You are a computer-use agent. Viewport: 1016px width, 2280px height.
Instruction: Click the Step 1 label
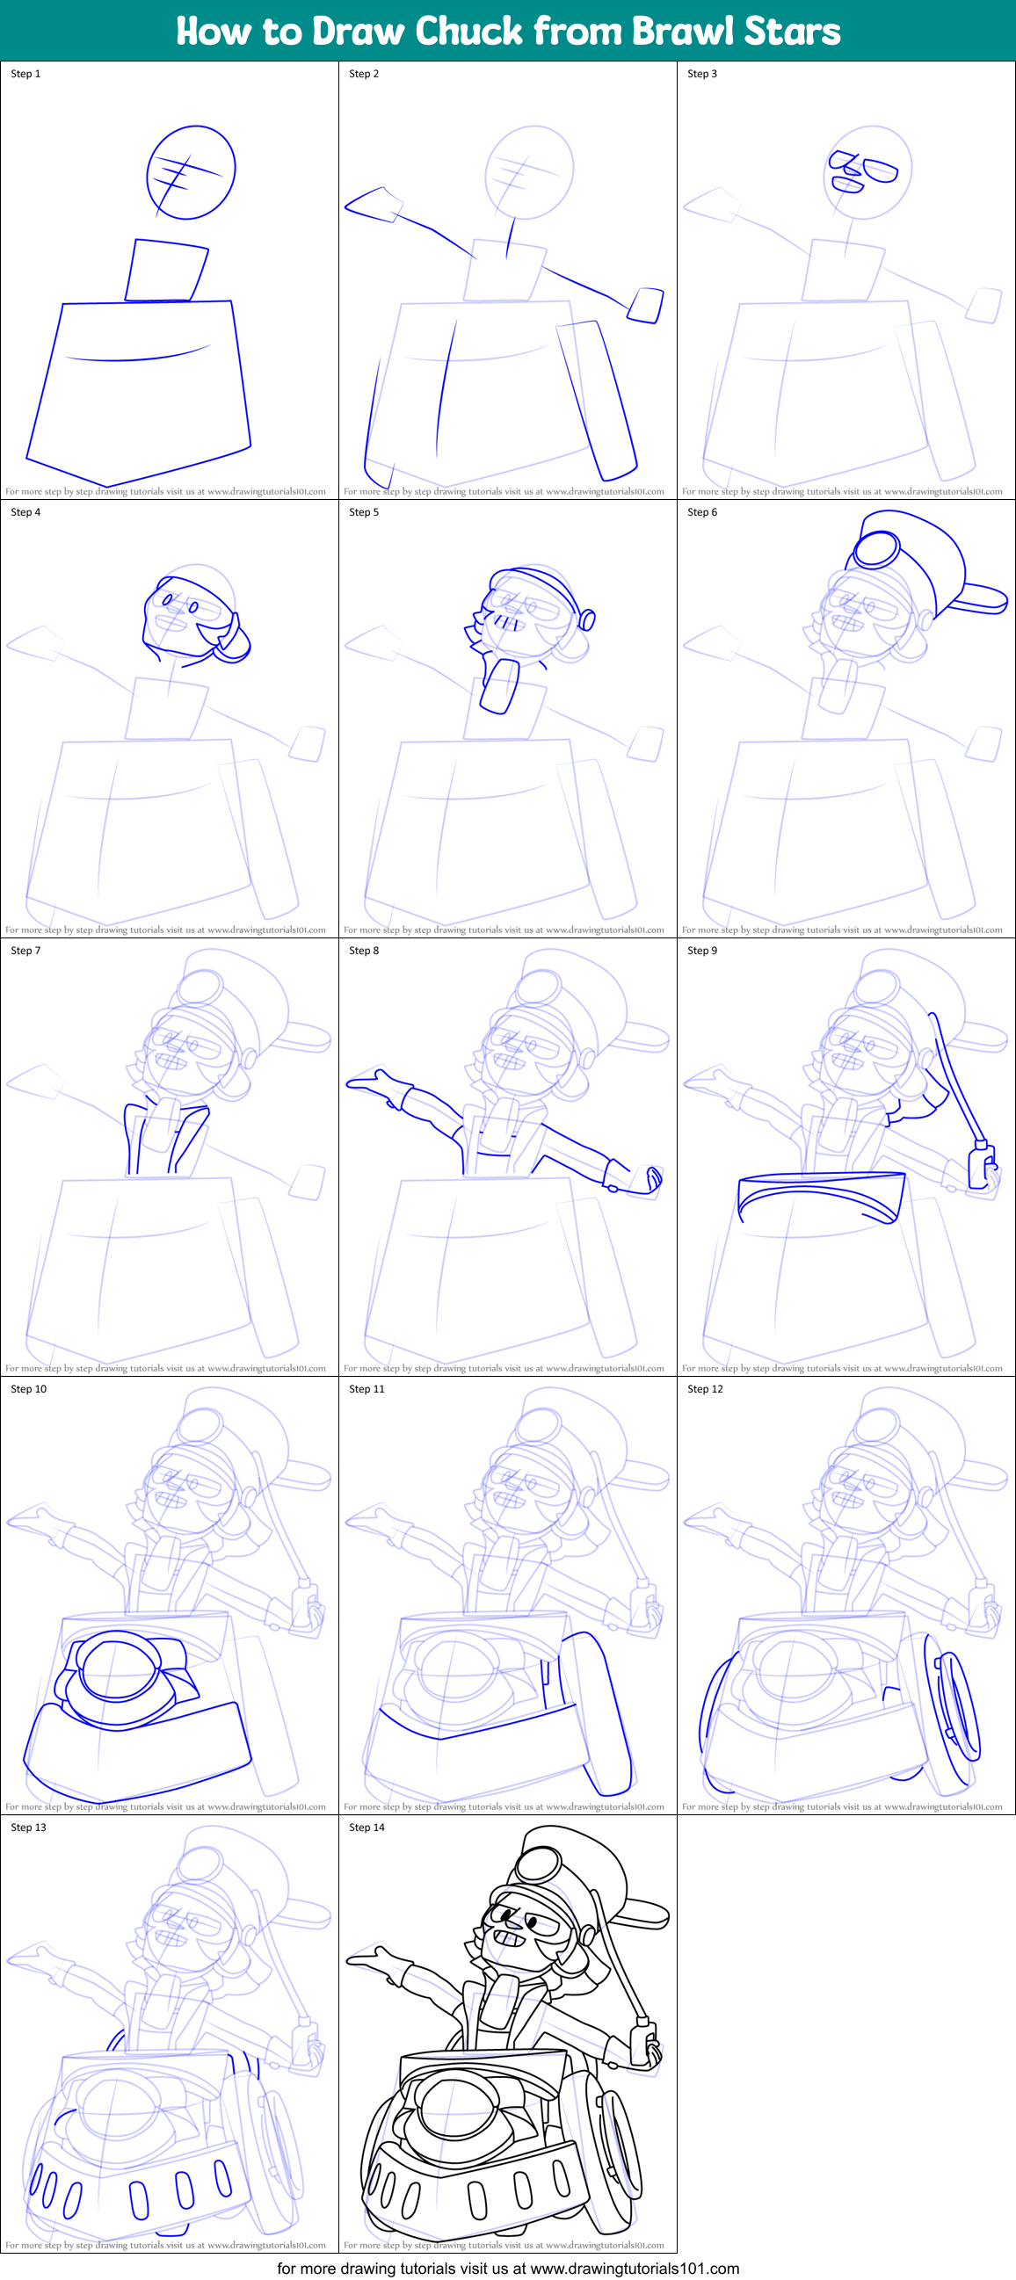25,74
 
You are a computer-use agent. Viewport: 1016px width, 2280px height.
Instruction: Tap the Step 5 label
364,511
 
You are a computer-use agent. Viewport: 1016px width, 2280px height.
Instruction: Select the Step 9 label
702,950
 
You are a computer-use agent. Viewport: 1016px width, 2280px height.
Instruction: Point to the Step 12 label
705,1389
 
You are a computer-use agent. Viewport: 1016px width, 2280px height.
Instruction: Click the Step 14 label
366,1827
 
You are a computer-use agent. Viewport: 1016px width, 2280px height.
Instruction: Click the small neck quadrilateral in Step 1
165,270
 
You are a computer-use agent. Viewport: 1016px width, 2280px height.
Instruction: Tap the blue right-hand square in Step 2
646,305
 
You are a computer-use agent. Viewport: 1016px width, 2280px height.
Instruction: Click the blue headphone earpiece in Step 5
587,619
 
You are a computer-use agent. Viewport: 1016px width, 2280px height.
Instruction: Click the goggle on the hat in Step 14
538,1864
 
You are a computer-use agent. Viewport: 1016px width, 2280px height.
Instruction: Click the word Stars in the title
792,31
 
